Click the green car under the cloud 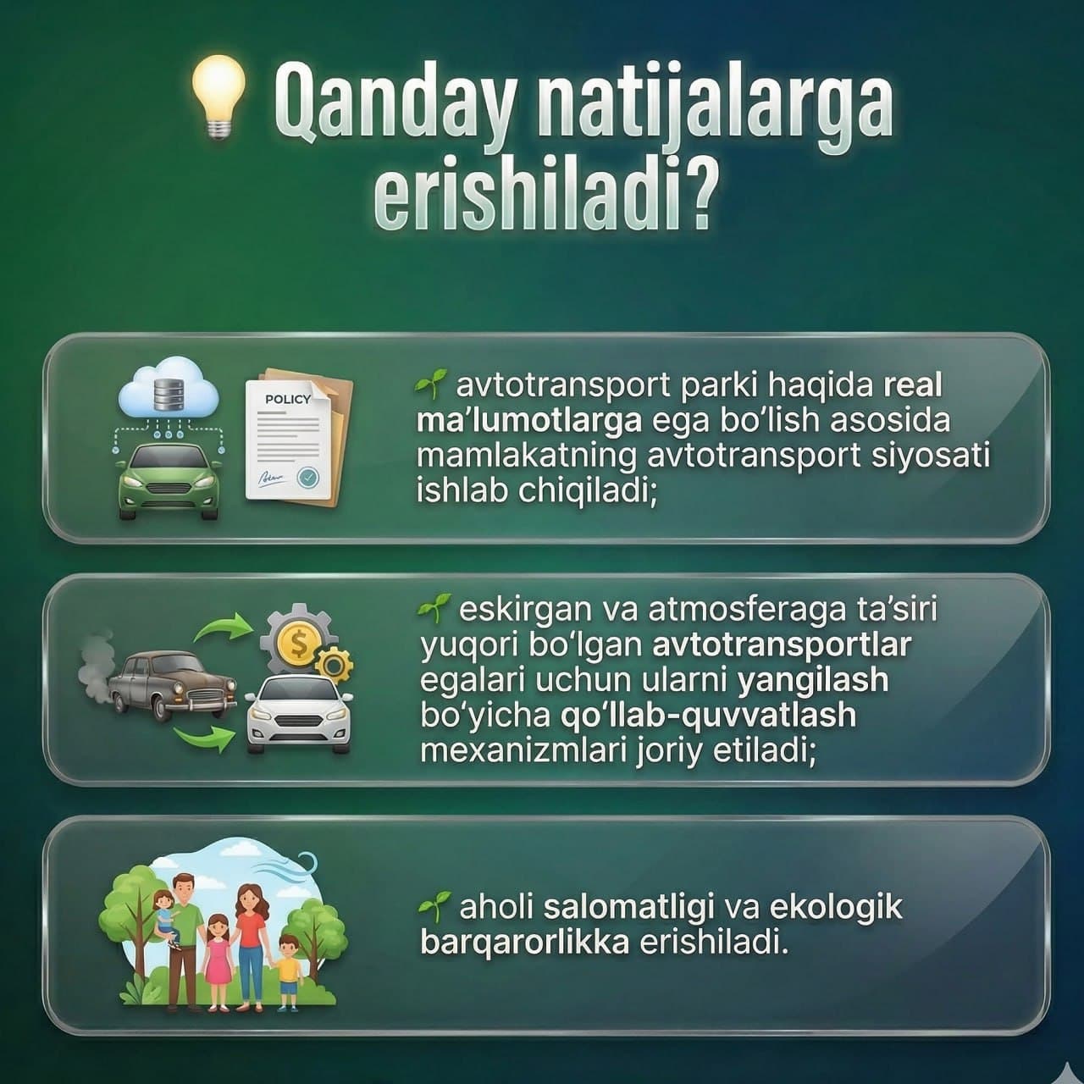point(169,479)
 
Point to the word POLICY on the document point(288,399)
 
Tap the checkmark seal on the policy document point(309,478)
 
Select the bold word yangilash point(813,680)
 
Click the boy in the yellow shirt point(289,970)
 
